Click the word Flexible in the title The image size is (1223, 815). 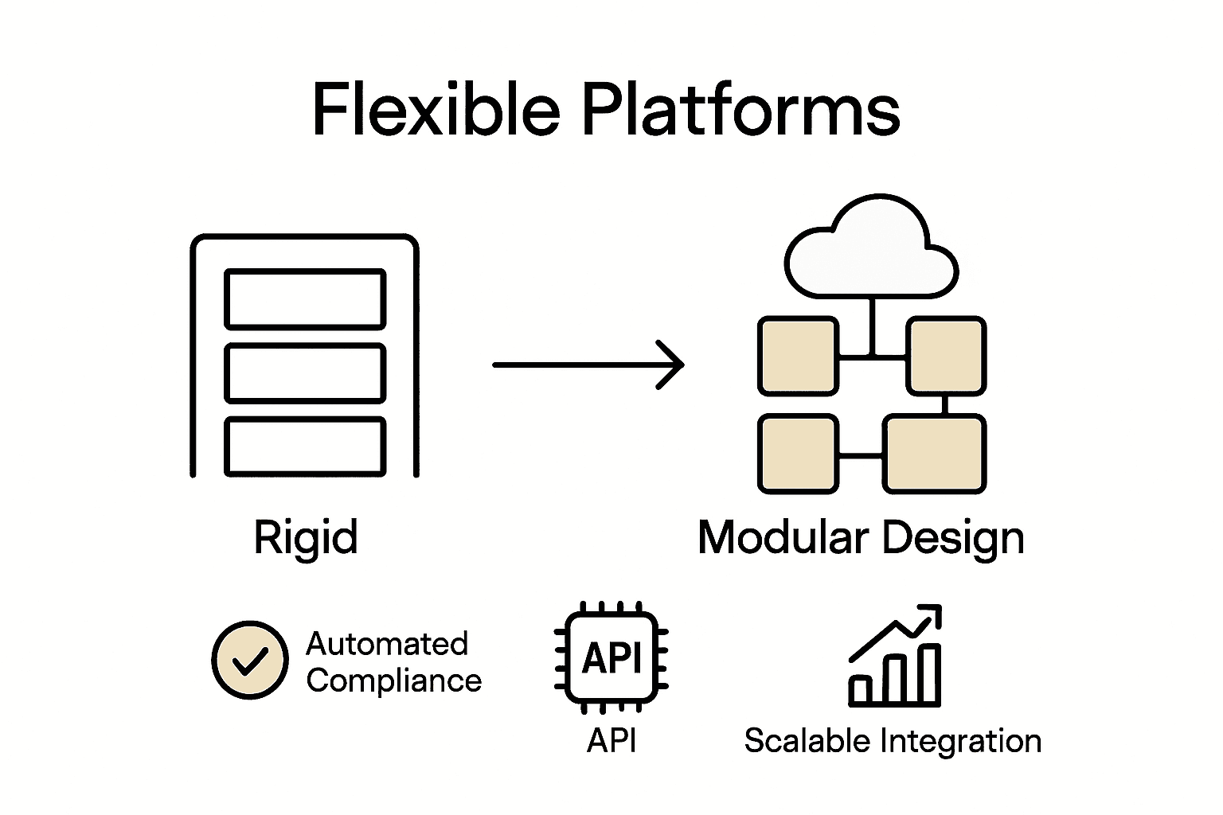(x=436, y=109)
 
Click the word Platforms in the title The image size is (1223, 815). (x=741, y=109)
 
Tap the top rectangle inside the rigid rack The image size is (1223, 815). (x=305, y=299)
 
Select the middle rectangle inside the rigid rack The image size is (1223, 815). (x=305, y=373)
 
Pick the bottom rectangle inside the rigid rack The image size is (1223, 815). (x=305, y=446)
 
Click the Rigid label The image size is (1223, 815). (x=306, y=537)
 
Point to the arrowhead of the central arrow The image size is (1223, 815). (x=673, y=365)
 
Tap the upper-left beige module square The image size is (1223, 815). (x=798, y=356)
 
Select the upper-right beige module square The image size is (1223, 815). (x=946, y=356)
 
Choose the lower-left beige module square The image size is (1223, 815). (x=798, y=454)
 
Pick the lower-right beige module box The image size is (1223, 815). (x=934, y=454)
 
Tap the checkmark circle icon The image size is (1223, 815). (x=250, y=660)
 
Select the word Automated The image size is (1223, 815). (x=387, y=644)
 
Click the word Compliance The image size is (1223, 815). (x=394, y=681)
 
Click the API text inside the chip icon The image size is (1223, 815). (x=611, y=658)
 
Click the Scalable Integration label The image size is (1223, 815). (x=893, y=741)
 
